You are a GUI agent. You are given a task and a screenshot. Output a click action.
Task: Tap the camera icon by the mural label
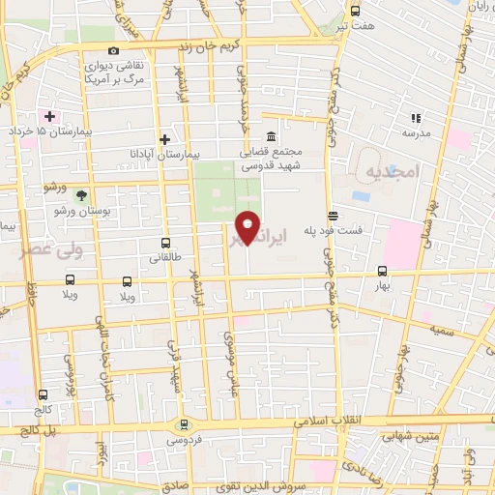click(x=114, y=51)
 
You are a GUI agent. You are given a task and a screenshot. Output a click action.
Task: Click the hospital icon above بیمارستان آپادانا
click(x=166, y=139)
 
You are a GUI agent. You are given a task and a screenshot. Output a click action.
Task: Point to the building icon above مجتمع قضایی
click(x=271, y=135)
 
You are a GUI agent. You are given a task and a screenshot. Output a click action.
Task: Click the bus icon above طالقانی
click(x=166, y=244)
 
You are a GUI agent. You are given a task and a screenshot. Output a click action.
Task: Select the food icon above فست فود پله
click(x=334, y=216)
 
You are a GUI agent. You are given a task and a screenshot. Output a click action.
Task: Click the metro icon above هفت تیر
click(x=355, y=11)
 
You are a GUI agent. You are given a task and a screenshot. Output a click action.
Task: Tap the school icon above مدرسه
click(x=416, y=118)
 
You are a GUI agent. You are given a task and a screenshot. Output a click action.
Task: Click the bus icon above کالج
click(x=43, y=394)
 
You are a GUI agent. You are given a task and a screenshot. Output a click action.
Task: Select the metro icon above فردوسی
click(x=183, y=424)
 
